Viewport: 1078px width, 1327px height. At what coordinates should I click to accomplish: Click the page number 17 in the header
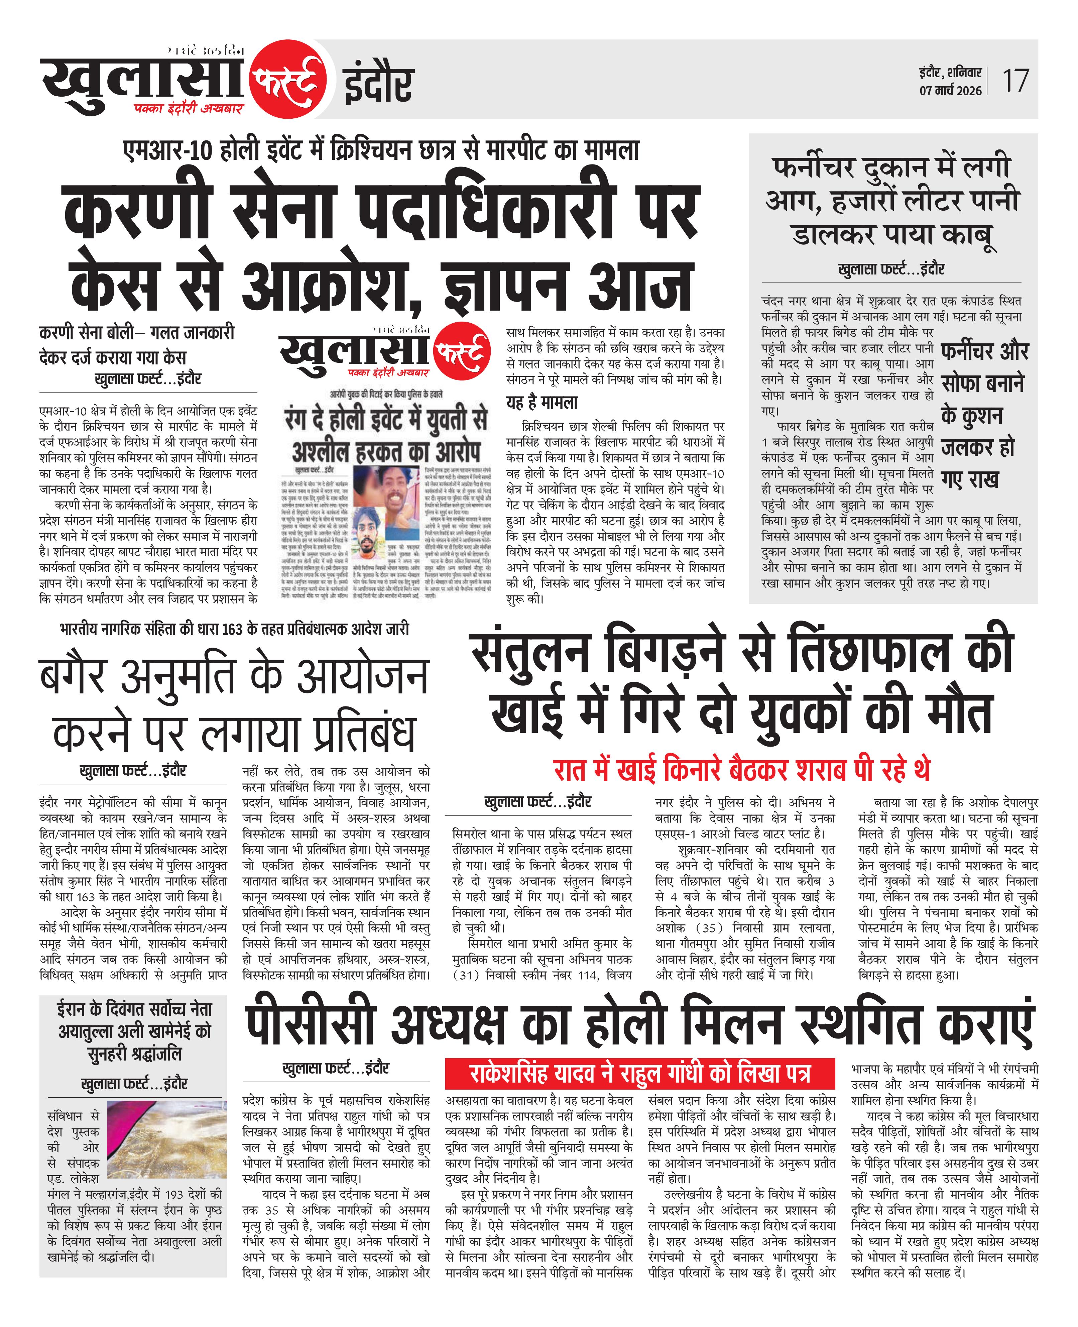point(1016,81)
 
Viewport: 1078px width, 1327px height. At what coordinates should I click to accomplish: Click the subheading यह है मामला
point(542,403)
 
